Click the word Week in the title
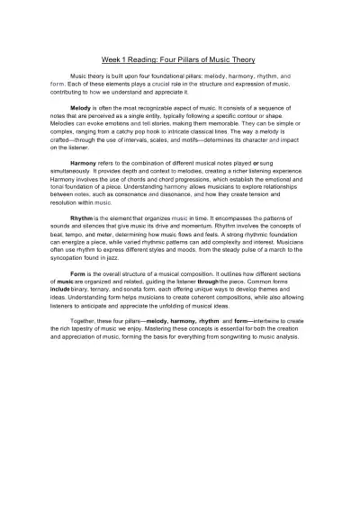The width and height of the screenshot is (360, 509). click(112, 59)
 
